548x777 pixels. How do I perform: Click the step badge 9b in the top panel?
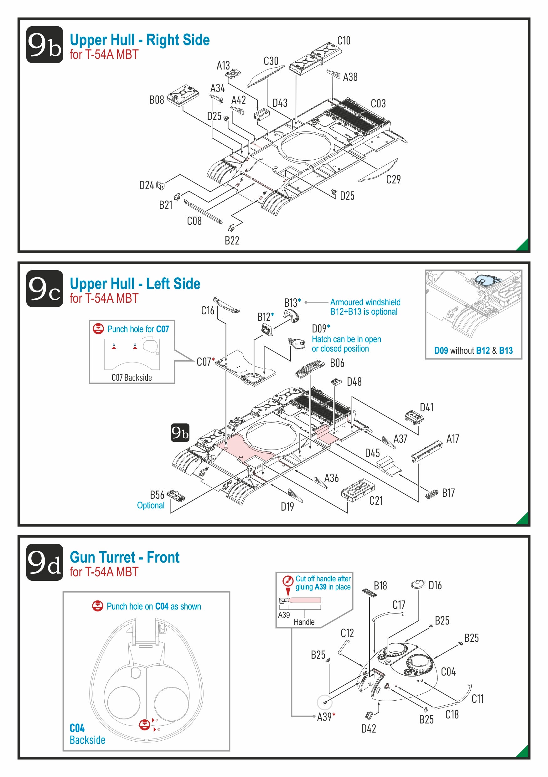[x=44, y=45]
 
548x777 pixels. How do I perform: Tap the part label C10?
[x=344, y=41]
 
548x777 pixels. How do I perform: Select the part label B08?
[x=156, y=100]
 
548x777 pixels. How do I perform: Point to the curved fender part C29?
[x=377, y=171]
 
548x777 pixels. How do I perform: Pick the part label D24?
[x=146, y=185]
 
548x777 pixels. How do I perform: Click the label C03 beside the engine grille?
[x=378, y=104]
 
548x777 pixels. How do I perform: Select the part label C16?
[x=208, y=311]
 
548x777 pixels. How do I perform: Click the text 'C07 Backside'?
[x=132, y=377]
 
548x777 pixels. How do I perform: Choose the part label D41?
[x=427, y=408]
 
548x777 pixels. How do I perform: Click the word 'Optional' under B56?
[x=151, y=505]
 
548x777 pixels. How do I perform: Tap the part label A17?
[x=452, y=439]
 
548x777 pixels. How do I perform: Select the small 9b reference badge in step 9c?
[x=180, y=433]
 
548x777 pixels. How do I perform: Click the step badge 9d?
[x=44, y=562]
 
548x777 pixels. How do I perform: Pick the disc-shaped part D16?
[x=418, y=584]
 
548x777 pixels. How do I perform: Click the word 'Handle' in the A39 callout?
[x=304, y=622]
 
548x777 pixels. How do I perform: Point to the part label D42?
[x=369, y=728]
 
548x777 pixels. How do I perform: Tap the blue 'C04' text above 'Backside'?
[x=77, y=728]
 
